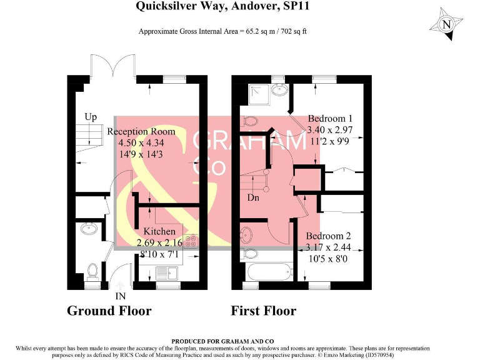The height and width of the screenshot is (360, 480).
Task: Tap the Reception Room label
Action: tap(141, 132)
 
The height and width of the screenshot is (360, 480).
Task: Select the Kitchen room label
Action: tap(160, 231)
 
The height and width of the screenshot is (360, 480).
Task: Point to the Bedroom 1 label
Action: tap(331, 119)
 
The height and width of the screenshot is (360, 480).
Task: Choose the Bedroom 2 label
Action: tap(328, 236)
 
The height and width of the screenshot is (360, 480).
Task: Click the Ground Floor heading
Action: tap(109, 311)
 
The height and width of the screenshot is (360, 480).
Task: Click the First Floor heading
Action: tap(264, 311)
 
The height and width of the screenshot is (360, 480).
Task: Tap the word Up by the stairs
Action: tap(91, 117)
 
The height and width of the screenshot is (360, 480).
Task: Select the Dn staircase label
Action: tap(253, 197)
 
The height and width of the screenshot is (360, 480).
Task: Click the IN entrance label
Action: tap(121, 296)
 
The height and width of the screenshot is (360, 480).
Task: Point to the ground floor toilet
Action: tap(92, 271)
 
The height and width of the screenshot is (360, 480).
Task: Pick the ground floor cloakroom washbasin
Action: tap(87, 228)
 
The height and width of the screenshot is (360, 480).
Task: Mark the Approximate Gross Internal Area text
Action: tap(222, 31)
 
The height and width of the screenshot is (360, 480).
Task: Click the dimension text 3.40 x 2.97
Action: tap(331, 130)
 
